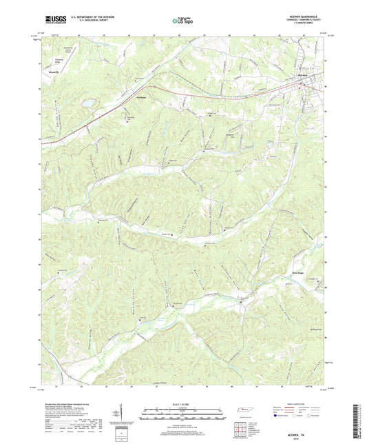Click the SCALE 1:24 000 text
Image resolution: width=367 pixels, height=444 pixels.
pyautogui.click(x=182, y=404)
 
